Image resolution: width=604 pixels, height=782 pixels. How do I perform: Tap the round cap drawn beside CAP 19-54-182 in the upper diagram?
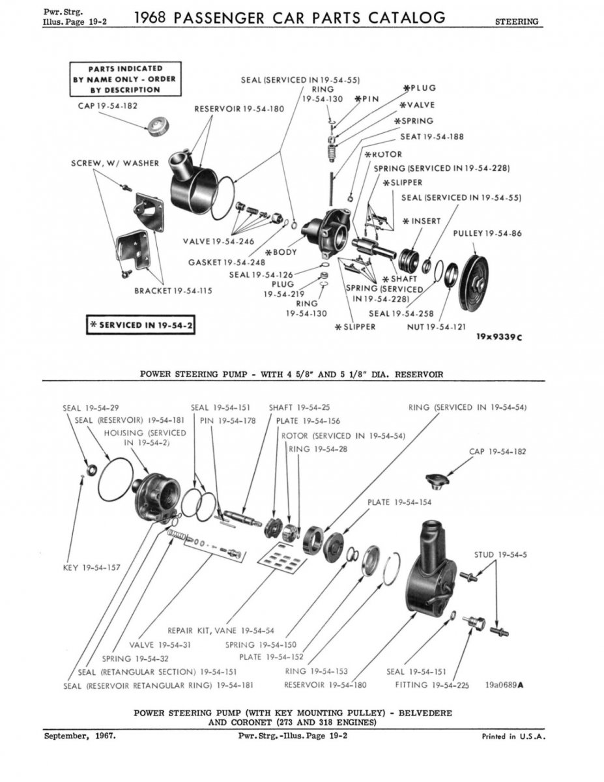coord(156,126)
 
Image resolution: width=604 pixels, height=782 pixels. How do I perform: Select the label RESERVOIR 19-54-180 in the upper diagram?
coord(239,109)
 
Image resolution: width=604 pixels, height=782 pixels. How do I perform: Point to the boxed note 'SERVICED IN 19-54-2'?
coord(141,325)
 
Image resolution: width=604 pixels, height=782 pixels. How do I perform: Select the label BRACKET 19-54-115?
coord(173,291)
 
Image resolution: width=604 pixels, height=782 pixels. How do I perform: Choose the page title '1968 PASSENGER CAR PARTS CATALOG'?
coord(290,18)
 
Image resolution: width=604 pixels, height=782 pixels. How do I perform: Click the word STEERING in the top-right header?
coord(517,22)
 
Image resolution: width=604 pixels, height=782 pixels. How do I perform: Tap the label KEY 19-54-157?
coord(92,568)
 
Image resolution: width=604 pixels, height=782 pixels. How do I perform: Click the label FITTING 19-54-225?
coord(432,685)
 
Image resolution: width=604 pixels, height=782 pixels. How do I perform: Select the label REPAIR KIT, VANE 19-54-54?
coord(221,631)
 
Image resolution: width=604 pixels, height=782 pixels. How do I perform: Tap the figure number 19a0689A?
coord(505,685)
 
